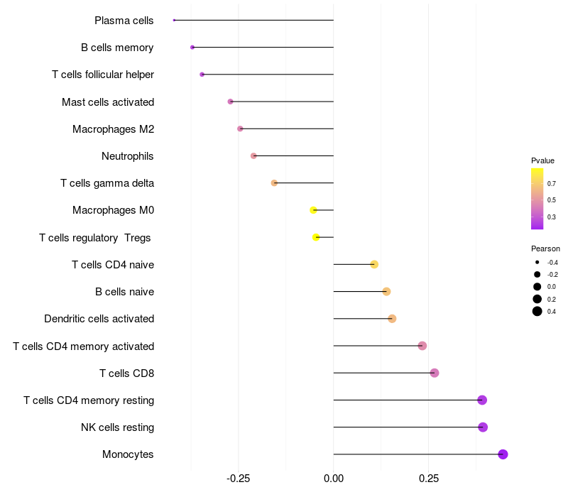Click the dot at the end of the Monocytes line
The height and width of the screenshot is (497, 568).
tap(503, 454)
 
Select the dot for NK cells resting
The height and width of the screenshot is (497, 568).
tap(483, 427)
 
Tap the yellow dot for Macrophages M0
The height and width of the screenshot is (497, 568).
tap(313, 210)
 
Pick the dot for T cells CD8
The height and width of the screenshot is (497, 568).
tap(435, 373)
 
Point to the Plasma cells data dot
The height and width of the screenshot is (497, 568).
tap(174, 20)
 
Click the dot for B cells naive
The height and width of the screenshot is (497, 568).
tap(386, 292)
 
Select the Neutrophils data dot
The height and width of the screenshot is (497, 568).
tap(253, 155)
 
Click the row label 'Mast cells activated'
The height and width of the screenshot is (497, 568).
tap(108, 102)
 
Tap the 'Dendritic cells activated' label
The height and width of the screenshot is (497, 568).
tap(99, 319)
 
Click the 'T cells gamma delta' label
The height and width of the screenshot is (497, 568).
tap(107, 183)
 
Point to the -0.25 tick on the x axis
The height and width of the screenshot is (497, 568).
tap(238, 479)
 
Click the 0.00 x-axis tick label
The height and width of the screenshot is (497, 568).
tap(334, 479)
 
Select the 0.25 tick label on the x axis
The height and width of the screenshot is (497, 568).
tap(428, 479)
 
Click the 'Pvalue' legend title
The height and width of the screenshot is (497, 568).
tap(542, 160)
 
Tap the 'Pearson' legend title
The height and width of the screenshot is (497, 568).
tap(545, 248)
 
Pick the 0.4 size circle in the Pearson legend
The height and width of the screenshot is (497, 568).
tap(537, 311)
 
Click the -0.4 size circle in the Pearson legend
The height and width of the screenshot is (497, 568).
tap(537, 262)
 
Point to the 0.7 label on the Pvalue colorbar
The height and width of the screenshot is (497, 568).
tap(552, 183)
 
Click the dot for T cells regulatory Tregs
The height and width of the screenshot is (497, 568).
tap(316, 237)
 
